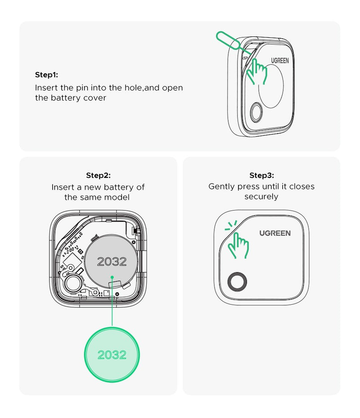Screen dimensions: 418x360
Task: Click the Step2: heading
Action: pyautogui.click(x=98, y=175)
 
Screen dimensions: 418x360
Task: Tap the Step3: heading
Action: pyautogui.click(x=261, y=175)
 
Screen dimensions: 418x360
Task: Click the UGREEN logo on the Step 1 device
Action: pyautogui.click(x=280, y=60)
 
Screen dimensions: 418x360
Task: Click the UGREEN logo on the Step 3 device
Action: pyautogui.click(x=275, y=233)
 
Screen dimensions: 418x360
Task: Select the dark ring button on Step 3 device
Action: pyautogui.click(x=237, y=282)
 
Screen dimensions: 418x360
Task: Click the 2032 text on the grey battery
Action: pyautogui.click(x=112, y=261)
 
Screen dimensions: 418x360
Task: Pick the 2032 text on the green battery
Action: pyautogui.click(x=112, y=355)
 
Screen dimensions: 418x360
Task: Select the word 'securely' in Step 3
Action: pyautogui.click(x=261, y=197)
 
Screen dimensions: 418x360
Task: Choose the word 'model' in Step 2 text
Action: pyautogui.click(x=119, y=197)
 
